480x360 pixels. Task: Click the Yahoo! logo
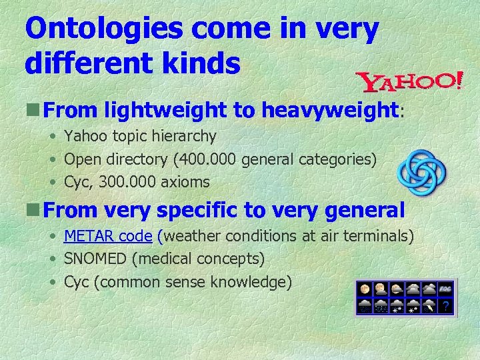click(409, 82)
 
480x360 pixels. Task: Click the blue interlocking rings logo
click(421, 170)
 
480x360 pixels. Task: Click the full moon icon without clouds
click(365, 289)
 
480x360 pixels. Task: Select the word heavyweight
click(329, 109)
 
